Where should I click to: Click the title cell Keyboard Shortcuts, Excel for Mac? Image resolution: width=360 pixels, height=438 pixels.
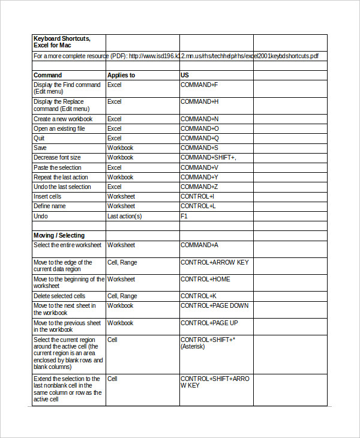62,42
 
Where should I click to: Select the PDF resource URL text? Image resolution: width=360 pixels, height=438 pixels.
223,56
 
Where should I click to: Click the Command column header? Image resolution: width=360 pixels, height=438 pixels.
47,76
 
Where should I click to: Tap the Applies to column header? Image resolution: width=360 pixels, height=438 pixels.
121,76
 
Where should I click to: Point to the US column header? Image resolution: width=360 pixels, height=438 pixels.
185,76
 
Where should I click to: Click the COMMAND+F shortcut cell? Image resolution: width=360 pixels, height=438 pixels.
199,85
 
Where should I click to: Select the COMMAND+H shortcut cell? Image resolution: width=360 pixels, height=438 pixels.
199,102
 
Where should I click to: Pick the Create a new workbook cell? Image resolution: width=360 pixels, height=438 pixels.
63,119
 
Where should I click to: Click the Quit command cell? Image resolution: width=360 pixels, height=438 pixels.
39,138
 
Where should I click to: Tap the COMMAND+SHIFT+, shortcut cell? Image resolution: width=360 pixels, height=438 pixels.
208,157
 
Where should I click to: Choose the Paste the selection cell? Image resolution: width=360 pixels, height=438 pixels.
58,167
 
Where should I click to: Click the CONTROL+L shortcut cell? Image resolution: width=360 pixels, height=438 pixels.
197,206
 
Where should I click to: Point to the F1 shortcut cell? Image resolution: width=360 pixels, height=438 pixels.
184,216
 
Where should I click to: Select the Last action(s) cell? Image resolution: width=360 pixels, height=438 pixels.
124,216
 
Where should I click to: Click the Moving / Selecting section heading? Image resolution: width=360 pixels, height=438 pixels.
59,235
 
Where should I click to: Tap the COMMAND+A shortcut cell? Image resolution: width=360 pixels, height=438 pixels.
199,245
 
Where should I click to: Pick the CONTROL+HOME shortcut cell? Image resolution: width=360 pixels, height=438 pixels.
205,279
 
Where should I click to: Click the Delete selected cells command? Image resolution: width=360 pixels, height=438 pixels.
59,296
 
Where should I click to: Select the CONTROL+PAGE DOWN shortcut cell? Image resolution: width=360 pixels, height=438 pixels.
214,305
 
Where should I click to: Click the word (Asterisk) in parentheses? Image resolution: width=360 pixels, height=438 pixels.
193,347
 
